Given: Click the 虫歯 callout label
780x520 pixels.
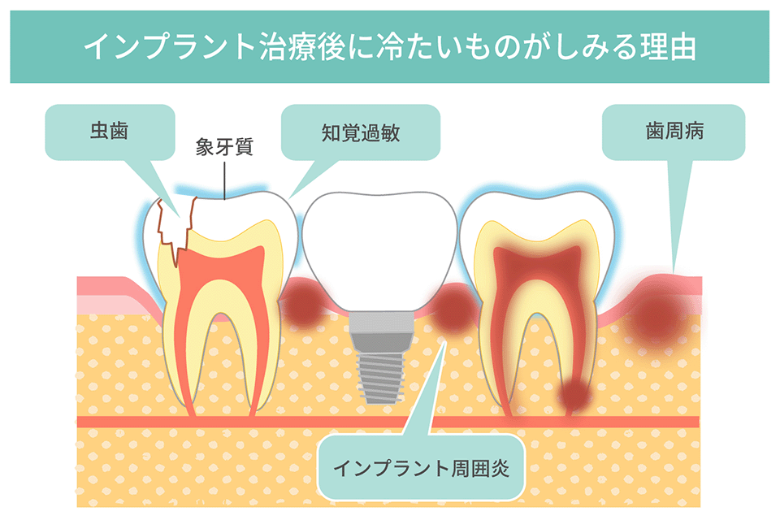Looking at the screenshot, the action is (x=110, y=132).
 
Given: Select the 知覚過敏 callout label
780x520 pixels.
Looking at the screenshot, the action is (x=361, y=132).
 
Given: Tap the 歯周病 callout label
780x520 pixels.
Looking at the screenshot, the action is (x=674, y=132).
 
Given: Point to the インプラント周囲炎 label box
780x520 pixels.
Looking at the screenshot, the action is (x=422, y=468).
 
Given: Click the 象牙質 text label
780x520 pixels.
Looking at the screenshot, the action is (x=224, y=147).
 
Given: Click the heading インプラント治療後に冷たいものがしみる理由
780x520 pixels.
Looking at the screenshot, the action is (x=389, y=47).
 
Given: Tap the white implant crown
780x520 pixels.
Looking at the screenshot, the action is (x=379, y=249).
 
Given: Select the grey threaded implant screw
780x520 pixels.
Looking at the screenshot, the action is (x=380, y=375).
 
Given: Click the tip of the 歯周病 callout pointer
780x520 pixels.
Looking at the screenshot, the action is (x=675, y=273).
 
